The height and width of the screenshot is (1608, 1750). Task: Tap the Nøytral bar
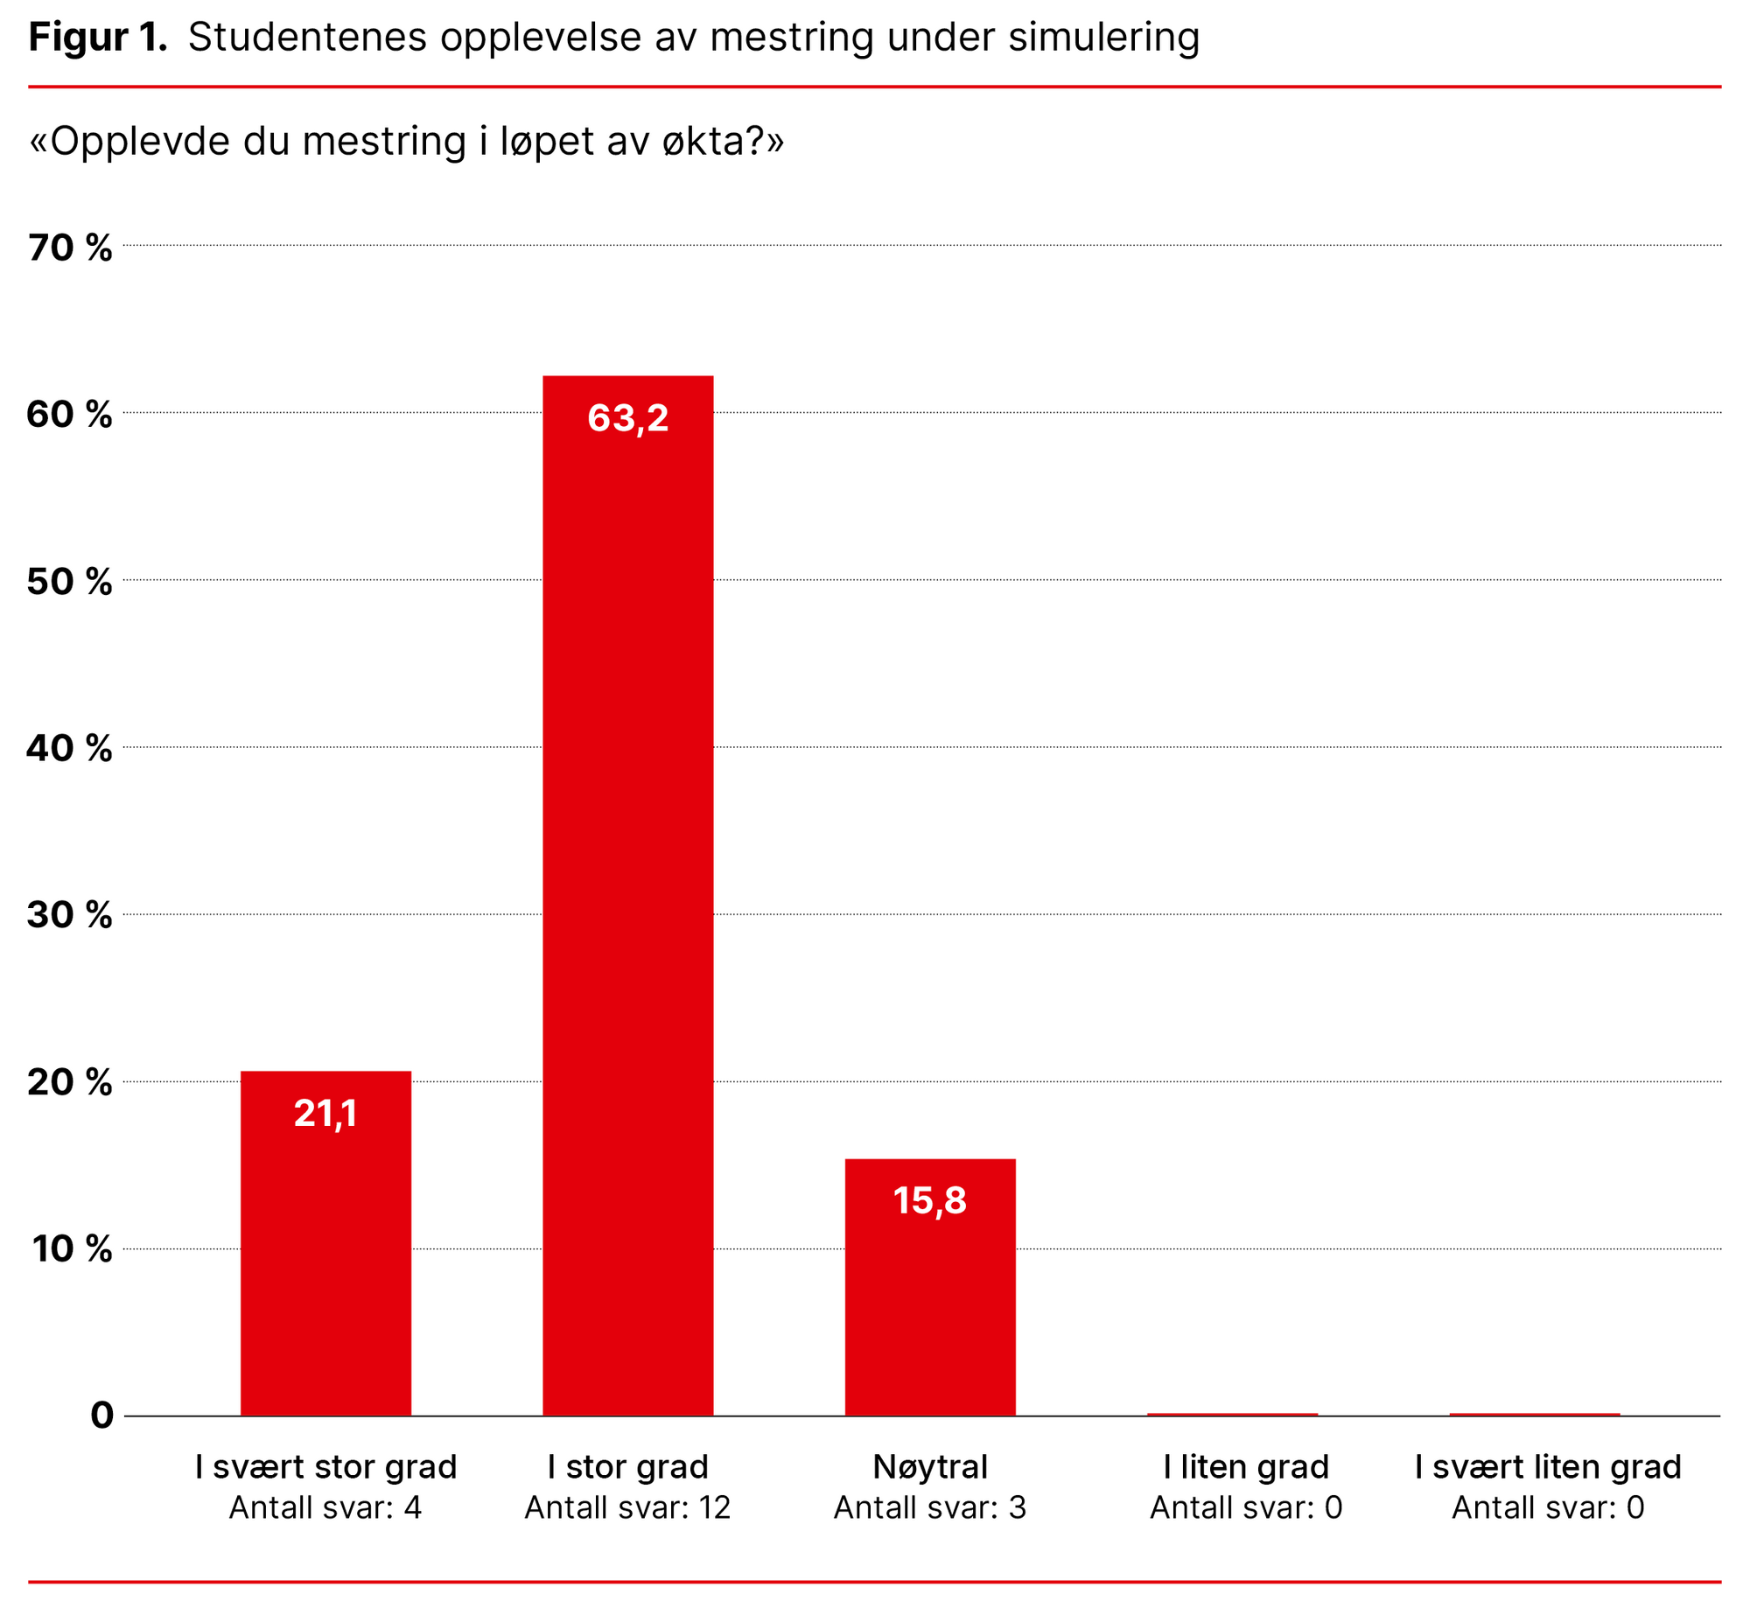coord(929,1286)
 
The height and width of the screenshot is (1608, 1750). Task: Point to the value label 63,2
coord(627,418)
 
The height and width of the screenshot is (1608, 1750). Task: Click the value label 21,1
coord(325,1114)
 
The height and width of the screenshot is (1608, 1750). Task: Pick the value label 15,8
coord(929,1201)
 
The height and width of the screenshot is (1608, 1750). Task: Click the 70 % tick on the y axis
coord(70,248)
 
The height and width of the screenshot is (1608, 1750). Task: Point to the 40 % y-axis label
coord(70,749)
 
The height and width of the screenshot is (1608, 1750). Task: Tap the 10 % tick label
coord(72,1249)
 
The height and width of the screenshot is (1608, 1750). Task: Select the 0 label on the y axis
coord(101,1416)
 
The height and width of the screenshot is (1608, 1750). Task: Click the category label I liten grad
coord(1246,1467)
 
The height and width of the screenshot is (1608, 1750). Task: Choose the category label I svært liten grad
coord(1548,1467)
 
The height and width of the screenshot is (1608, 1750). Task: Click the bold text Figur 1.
coord(98,38)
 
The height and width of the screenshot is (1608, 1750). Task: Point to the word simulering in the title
coord(1103,38)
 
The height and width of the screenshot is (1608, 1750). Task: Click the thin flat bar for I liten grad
coord(1232,1414)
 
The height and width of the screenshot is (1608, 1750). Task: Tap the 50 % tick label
coord(70,582)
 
